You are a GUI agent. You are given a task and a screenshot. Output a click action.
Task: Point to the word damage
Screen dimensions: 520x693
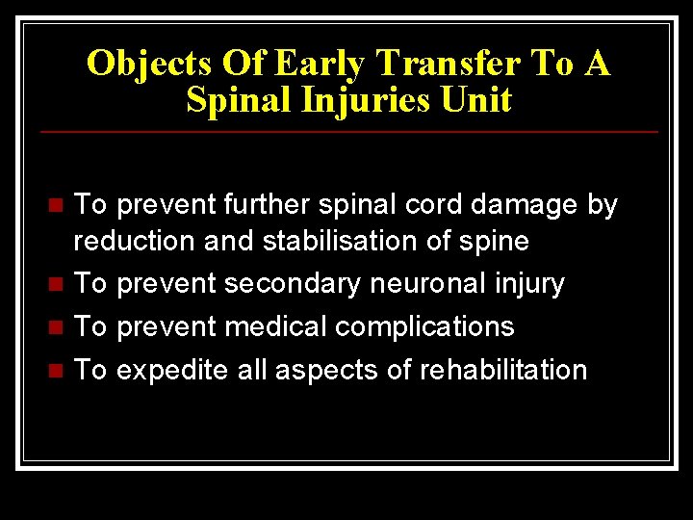(x=527, y=205)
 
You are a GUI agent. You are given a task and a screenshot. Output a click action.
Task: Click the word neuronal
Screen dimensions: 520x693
(x=435, y=284)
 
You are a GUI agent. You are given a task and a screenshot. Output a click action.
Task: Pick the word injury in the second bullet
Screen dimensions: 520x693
(x=530, y=284)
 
